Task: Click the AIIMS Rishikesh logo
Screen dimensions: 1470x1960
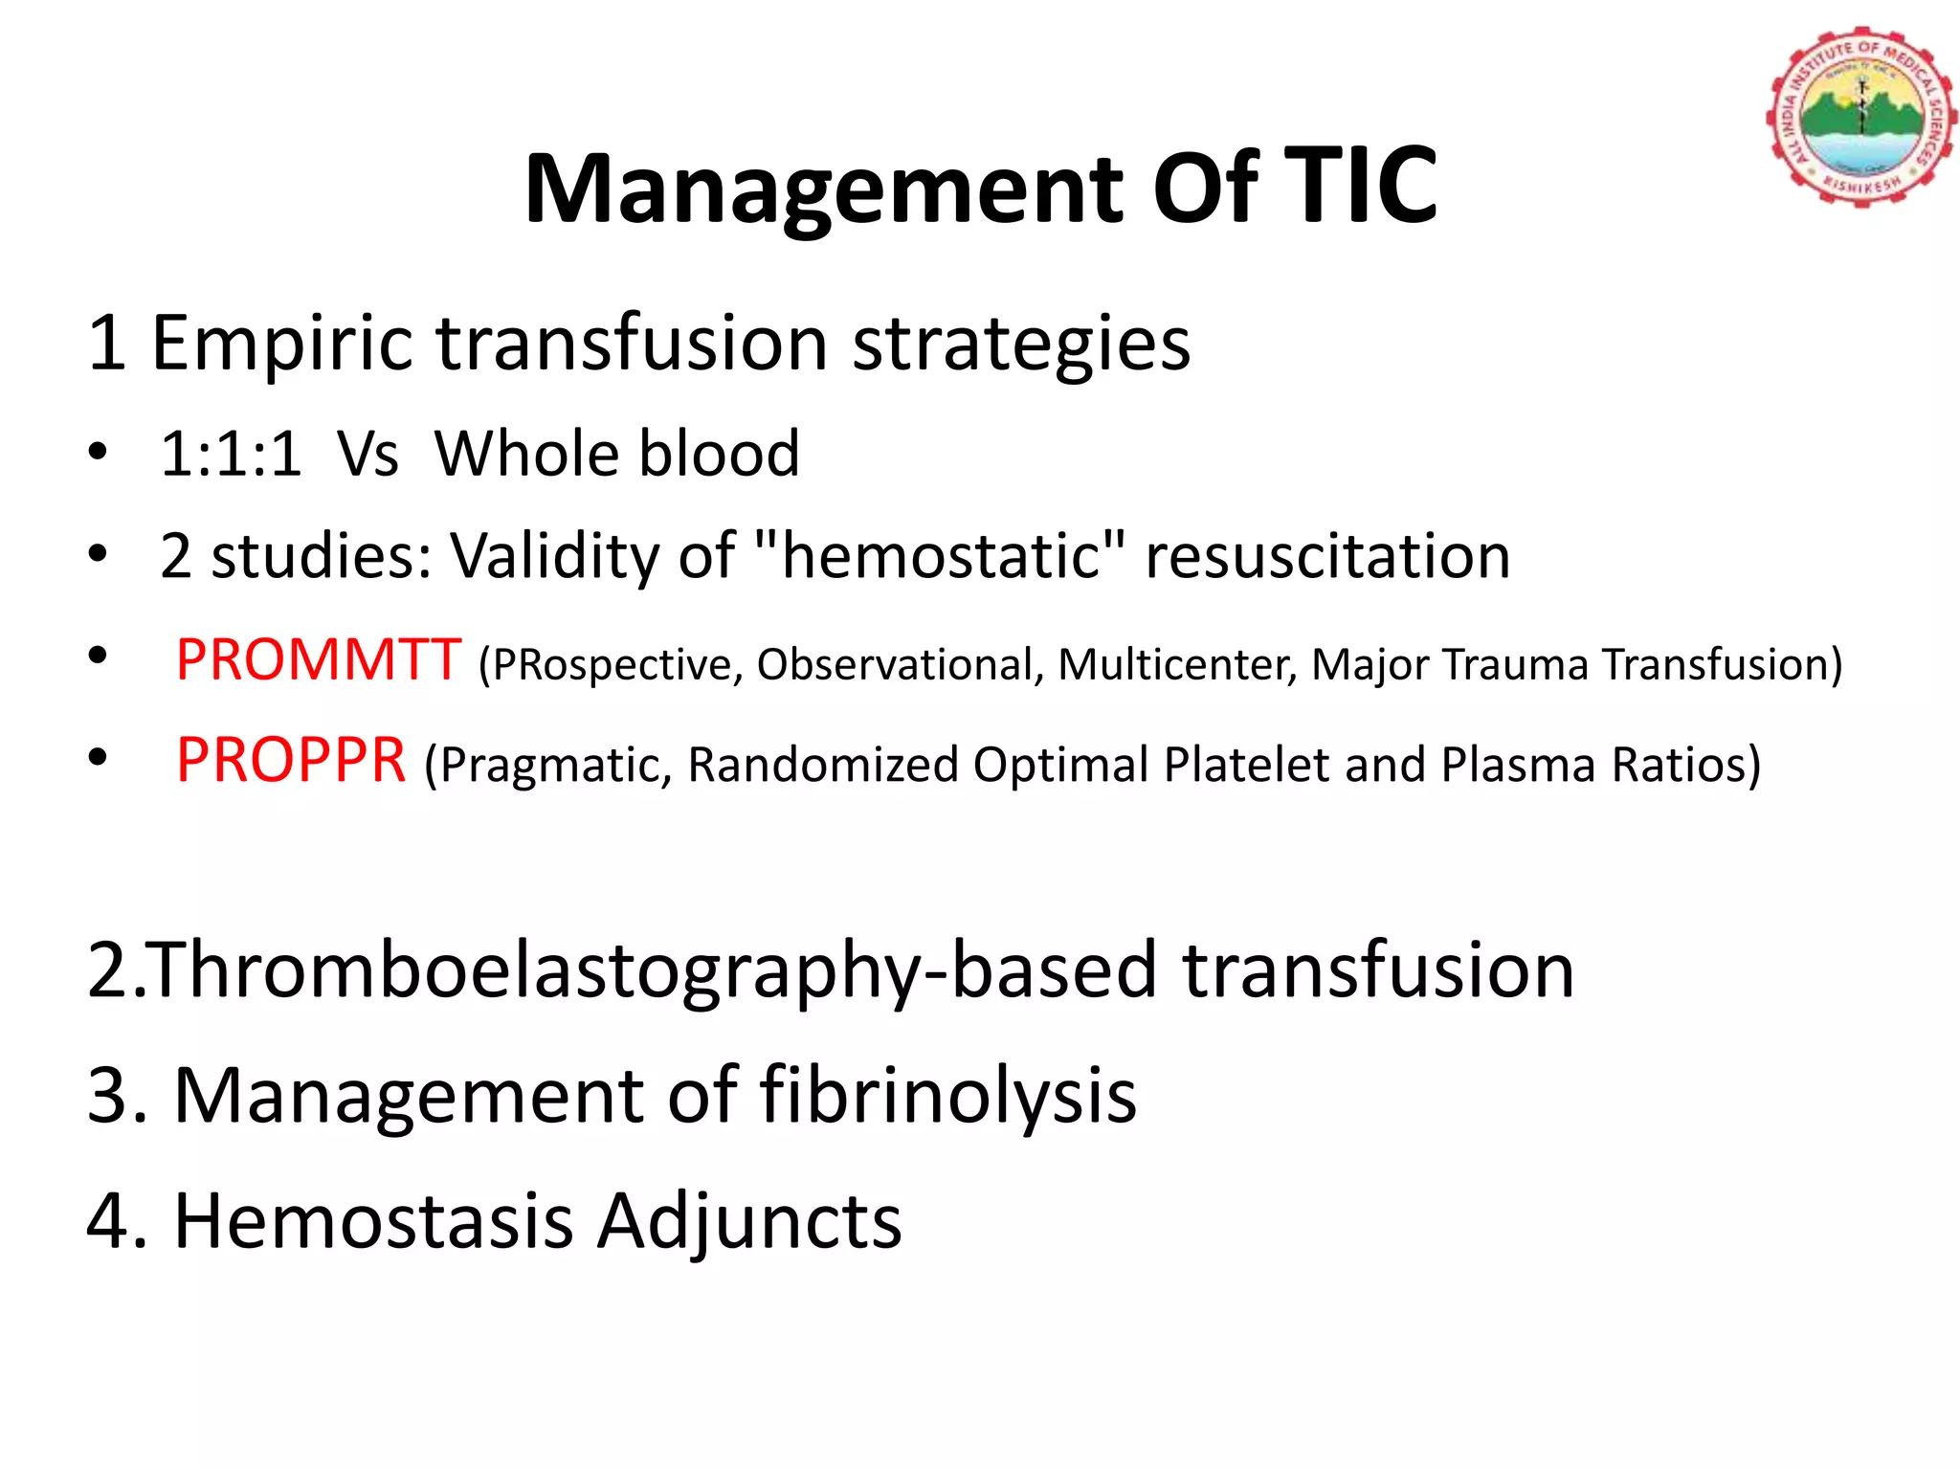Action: (x=1860, y=117)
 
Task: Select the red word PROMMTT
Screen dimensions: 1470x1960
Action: (x=319, y=660)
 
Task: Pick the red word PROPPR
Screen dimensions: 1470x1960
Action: (x=291, y=761)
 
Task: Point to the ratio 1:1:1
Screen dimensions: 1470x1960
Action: (x=231, y=454)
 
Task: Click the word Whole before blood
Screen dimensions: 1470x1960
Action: (x=527, y=454)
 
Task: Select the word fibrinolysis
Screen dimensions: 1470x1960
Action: (x=947, y=1096)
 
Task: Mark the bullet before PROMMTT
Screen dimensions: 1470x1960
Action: (x=97, y=657)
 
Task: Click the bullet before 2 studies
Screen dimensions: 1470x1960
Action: (x=97, y=553)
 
